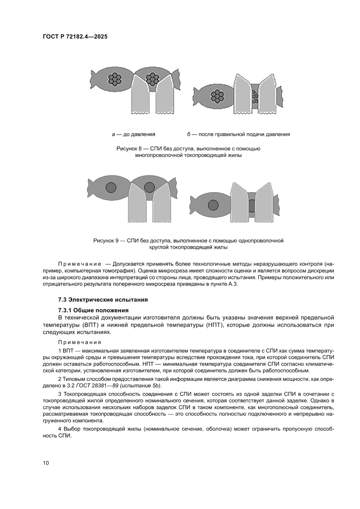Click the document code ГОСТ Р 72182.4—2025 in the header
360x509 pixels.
75,37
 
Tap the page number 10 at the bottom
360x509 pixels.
46,462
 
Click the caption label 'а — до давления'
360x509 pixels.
133,134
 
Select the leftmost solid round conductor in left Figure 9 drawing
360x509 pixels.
111,188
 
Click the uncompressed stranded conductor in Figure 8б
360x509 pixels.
217,96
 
